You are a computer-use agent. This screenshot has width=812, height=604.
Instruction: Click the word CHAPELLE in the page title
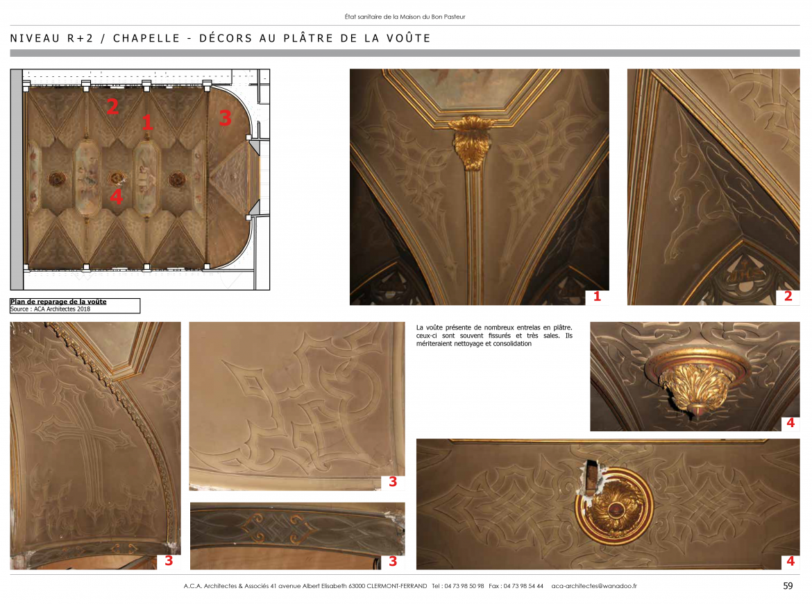[146, 38]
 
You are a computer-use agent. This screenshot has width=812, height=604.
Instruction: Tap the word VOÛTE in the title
[409, 38]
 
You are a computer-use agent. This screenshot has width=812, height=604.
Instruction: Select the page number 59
[788, 586]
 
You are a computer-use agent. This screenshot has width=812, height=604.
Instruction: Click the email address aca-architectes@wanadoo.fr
[594, 586]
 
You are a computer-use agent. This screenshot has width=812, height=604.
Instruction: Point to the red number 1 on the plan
[147, 123]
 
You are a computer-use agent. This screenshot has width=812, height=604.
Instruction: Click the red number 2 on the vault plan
[112, 106]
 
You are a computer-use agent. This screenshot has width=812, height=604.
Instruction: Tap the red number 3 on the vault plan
[225, 118]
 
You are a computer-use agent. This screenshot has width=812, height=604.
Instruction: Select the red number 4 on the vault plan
[117, 197]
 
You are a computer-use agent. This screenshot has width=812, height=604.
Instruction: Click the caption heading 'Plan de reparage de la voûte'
[58, 302]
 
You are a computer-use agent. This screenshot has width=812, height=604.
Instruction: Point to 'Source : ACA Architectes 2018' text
[50, 309]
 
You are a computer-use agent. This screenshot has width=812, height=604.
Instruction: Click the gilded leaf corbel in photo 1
[471, 142]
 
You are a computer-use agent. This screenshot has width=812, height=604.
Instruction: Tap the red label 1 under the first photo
[597, 297]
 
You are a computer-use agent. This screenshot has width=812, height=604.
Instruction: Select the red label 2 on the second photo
[788, 297]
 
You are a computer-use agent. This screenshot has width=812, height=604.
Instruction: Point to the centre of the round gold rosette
[614, 506]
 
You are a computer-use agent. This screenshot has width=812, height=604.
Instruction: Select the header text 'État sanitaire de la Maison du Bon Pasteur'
[405, 17]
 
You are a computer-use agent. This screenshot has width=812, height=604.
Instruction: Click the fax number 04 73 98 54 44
[523, 586]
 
